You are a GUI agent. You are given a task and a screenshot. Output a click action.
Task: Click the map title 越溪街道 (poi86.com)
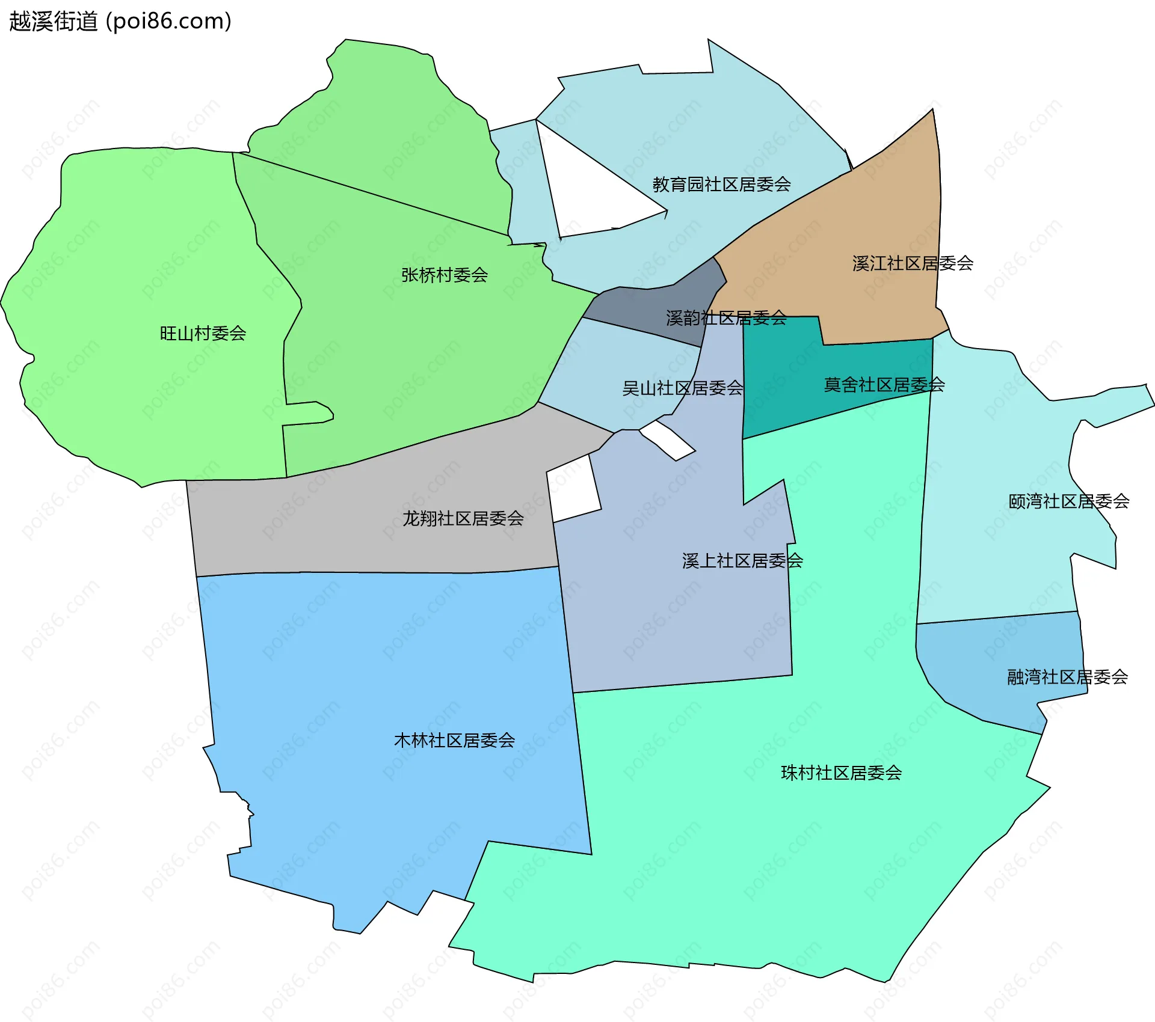pos(120,22)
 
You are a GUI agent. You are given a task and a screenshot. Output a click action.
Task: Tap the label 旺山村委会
pos(203,333)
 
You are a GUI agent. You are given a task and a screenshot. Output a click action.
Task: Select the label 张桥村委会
pos(444,275)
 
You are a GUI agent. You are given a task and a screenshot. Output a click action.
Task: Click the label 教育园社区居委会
pos(721,184)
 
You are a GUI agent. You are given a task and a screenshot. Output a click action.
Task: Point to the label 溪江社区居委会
pos(913,263)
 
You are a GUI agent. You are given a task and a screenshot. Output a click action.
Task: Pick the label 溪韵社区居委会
pos(726,317)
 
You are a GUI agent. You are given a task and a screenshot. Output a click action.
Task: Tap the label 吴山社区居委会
pos(682,388)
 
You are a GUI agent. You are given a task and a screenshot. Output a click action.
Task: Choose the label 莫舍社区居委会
pos(884,384)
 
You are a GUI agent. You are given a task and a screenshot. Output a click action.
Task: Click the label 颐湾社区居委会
pos(1068,501)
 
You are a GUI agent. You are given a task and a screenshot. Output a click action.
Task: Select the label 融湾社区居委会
pos(1067,677)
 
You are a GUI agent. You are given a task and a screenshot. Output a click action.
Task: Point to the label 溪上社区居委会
pos(742,560)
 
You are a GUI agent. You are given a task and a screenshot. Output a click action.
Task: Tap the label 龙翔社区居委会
pos(463,518)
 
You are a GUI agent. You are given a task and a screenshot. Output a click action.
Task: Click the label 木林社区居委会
pos(454,740)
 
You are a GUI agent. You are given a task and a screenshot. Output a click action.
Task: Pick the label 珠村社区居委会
pos(841,773)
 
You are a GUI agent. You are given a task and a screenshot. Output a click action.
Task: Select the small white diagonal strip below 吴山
pos(668,440)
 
